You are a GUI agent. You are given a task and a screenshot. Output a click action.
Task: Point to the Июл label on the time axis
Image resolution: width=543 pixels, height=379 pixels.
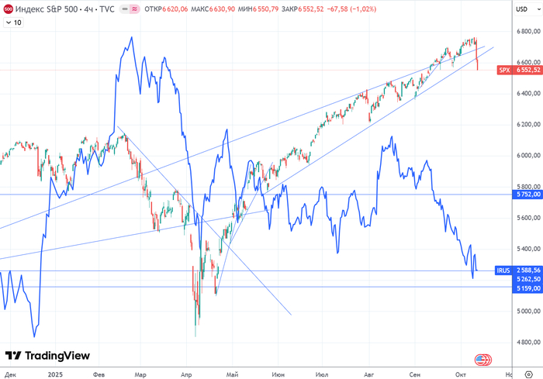click(x=322, y=373)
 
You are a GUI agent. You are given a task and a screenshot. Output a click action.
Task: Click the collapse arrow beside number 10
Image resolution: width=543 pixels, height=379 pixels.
click(x=8, y=22)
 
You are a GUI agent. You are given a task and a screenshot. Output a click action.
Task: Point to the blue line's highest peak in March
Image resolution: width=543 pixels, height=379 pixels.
click(x=131, y=37)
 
